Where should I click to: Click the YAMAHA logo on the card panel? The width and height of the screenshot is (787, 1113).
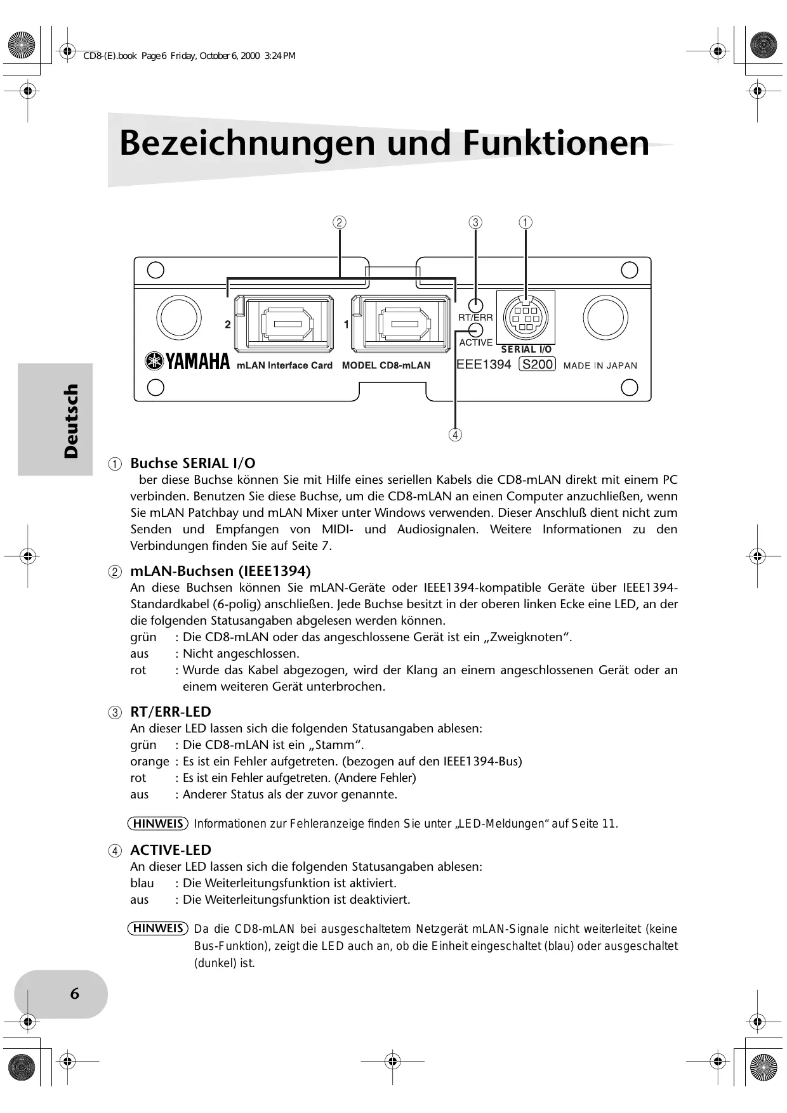click(188, 361)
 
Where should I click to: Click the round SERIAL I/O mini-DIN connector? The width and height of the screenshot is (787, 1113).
click(525, 317)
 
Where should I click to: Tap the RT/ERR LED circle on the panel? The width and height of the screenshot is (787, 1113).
click(475, 305)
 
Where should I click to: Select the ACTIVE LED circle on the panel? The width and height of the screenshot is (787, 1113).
click(475, 330)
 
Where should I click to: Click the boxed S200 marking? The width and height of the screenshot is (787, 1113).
click(538, 364)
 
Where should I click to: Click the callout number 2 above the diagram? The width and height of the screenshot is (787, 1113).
click(340, 222)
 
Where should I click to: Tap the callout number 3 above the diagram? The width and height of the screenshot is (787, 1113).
click(475, 222)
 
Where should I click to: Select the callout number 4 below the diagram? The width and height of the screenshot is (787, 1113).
click(455, 435)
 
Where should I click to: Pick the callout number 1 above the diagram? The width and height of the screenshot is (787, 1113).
click(526, 222)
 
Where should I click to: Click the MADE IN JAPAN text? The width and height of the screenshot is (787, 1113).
click(600, 365)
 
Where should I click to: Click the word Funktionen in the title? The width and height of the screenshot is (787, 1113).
click(556, 143)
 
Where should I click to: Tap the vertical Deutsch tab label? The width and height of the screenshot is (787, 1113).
click(71, 420)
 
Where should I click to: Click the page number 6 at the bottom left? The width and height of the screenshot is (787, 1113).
click(74, 993)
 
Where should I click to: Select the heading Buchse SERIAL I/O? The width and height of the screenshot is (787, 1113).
click(193, 463)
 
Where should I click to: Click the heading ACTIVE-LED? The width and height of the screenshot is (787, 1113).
click(171, 850)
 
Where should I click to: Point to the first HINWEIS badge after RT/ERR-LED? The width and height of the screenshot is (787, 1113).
click(159, 823)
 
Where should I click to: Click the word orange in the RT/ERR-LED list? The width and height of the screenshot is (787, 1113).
click(149, 761)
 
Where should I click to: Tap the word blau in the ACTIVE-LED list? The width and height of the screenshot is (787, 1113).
click(142, 883)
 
